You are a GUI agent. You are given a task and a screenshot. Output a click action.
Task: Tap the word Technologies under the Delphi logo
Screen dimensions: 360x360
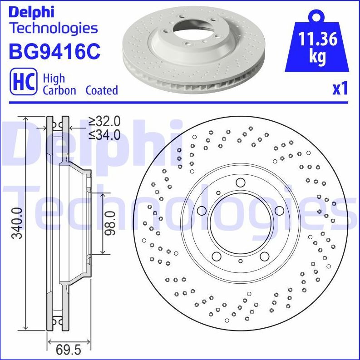click(x=54, y=28)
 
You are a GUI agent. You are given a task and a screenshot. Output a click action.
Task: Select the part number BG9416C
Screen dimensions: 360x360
click(x=54, y=51)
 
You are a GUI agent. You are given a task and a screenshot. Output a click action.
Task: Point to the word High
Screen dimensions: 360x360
click(x=54, y=78)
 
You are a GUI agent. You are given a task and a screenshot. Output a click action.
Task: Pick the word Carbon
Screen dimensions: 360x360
click(x=59, y=90)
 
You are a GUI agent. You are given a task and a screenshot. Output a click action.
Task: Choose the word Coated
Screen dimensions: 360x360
click(x=102, y=90)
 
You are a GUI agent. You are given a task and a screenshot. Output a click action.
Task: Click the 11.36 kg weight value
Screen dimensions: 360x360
click(x=317, y=46)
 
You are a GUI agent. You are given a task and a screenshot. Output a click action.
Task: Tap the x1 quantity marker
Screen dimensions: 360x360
click(x=340, y=89)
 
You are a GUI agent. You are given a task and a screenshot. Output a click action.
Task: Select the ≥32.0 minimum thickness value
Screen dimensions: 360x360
click(x=104, y=121)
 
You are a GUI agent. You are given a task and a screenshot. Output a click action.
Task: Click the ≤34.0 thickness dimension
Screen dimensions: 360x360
click(x=104, y=134)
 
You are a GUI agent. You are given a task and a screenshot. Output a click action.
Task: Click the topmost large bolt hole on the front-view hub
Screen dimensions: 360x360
click(x=240, y=182)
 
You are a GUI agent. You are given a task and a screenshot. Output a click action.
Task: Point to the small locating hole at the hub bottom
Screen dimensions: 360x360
click(x=240, y=262)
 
